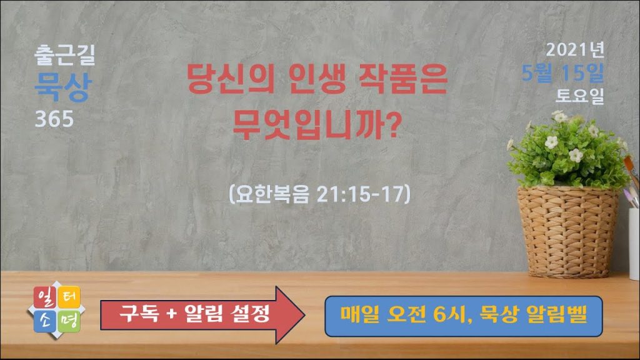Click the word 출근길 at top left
65,55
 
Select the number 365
54,119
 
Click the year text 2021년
575,50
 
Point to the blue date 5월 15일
562,73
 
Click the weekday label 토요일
579,96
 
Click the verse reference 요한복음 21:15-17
319,194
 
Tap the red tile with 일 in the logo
45,297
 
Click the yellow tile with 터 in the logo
69,297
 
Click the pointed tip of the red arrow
304,315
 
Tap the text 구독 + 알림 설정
194,314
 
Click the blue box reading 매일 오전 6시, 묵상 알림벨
464,316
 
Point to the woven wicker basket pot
567,232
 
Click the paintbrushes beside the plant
632,179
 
